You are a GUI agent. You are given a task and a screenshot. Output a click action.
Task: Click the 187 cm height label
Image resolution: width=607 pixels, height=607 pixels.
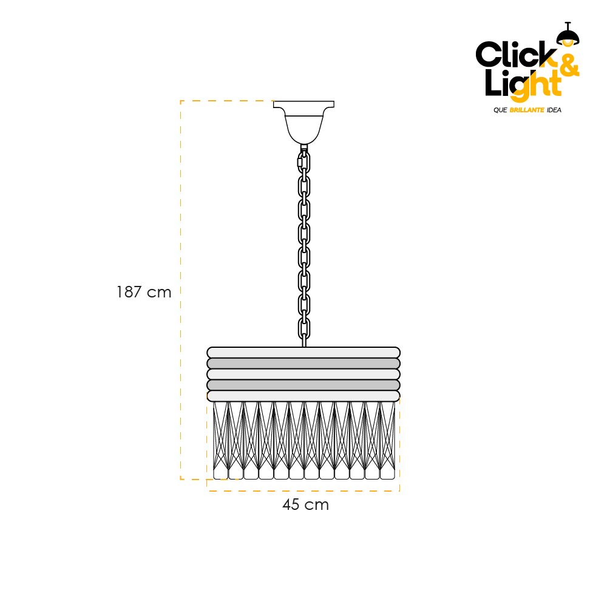tap(144, 293)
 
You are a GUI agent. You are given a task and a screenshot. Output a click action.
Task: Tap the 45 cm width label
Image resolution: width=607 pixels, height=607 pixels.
tap(305, 505)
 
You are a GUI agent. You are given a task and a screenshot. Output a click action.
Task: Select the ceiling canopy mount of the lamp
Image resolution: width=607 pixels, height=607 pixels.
tap(304, 122)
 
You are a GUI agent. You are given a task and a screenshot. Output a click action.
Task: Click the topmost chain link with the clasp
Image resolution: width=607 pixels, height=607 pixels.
tap(304, 162)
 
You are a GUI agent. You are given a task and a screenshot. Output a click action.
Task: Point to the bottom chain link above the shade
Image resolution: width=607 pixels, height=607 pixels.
tap(304, 328)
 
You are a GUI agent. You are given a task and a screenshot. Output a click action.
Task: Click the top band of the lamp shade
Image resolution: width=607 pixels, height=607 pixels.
tap(303, 353)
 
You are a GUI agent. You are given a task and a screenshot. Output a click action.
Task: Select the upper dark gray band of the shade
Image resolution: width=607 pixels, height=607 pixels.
tap(303, 364)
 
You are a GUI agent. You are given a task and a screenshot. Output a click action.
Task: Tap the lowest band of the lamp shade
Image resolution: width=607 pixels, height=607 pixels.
tap(303, 396)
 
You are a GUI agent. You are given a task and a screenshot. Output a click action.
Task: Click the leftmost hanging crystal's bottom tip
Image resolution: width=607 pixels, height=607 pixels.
tap(221, 479)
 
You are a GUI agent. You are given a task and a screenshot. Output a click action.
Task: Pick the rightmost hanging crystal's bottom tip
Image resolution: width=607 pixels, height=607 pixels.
tap(387, 479)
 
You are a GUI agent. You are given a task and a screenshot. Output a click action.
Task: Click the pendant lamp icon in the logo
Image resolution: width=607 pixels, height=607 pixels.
tap(568, 34)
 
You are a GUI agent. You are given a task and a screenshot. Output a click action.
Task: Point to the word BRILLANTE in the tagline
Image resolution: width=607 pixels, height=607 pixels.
tap(527, 110)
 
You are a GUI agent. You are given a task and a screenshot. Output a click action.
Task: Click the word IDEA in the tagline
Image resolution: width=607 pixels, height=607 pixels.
tap(554, 110)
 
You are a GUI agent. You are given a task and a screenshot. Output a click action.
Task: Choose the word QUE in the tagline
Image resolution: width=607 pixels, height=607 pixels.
tap(500, 110)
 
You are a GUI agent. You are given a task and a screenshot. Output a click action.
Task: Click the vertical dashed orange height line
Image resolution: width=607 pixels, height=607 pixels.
tap(181, 290)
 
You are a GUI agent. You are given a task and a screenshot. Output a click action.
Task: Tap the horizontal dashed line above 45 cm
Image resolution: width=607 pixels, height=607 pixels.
tap(303, 491)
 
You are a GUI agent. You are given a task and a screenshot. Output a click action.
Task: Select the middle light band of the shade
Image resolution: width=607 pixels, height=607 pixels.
tap(303, 375)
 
